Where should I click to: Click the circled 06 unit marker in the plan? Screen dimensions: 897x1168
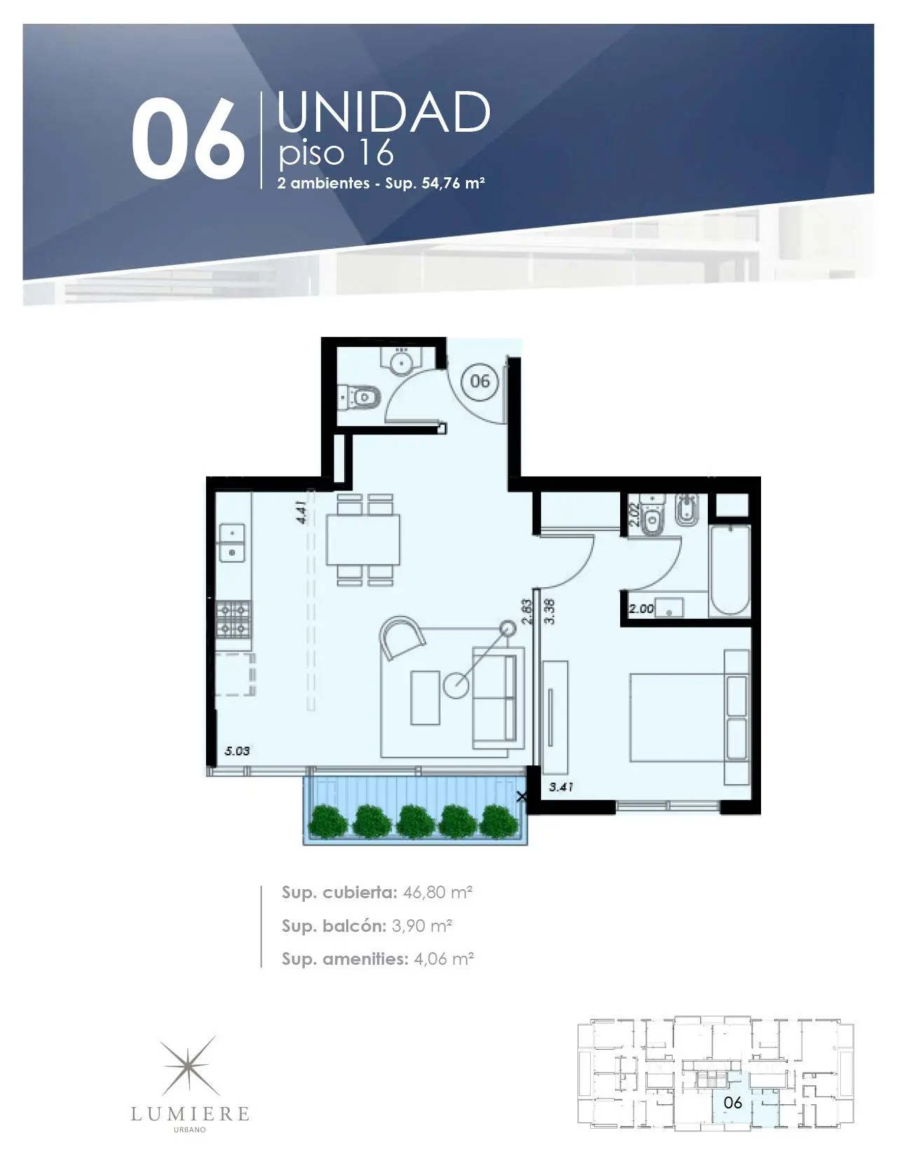[480, 381]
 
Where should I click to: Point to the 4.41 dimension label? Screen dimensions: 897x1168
[301, 511]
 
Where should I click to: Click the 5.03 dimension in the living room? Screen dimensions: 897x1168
[237, 751]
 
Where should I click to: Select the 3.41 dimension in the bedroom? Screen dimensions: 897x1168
[561, 787]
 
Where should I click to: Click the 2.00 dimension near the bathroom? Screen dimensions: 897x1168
[641, 609]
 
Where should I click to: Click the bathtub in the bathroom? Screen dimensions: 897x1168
[730, 571]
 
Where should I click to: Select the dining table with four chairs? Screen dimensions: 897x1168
[364, 540]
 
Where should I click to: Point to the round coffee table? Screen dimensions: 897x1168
[456, 685]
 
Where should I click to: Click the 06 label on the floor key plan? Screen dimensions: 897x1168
[732, 1102]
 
